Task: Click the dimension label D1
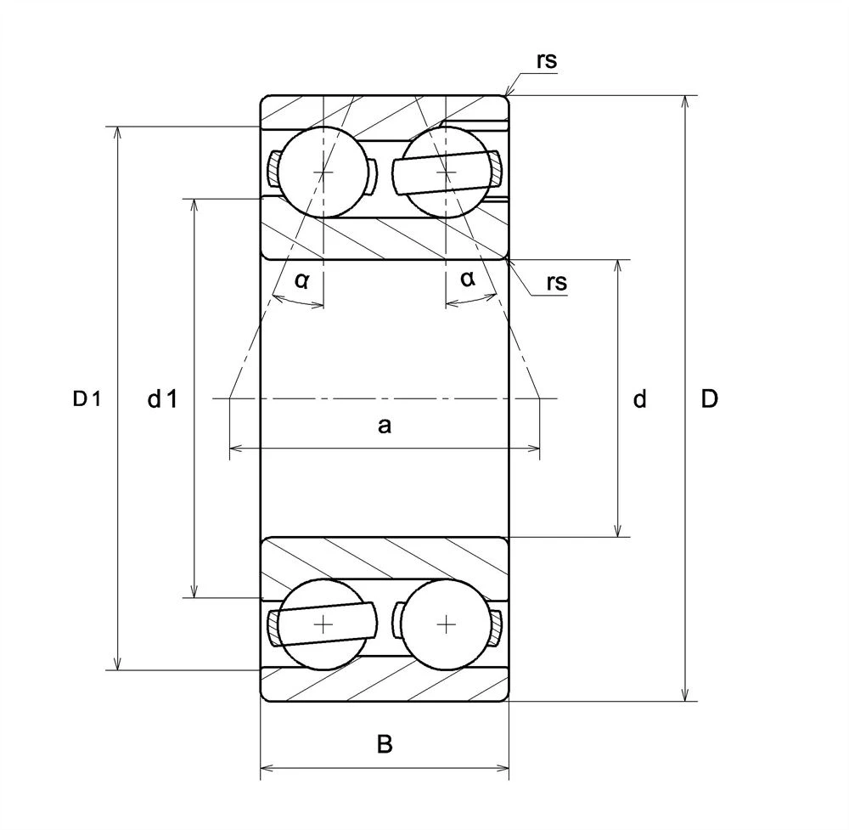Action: coord(87,399)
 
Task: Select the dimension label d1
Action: coord(162,399)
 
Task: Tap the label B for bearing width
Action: coord(385,744)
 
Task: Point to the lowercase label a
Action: coord(384,426)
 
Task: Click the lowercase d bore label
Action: coord(640,399)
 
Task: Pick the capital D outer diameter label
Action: coord(709,398)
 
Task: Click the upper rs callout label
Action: coord(546,60)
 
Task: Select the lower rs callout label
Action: coord(557,282)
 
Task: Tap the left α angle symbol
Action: coord(302,280)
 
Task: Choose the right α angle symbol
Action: coord(468,279)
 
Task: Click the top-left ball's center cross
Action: coord(323,172)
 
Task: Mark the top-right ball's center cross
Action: coord(447,172)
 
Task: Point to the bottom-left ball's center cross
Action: coord(323,624)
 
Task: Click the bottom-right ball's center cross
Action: coord(447,624)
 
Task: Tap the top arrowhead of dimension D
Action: coord(685,102)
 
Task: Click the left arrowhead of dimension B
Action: coord(267,768)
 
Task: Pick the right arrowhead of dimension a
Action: coord(533,448)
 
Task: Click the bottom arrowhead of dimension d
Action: coord(618,531)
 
